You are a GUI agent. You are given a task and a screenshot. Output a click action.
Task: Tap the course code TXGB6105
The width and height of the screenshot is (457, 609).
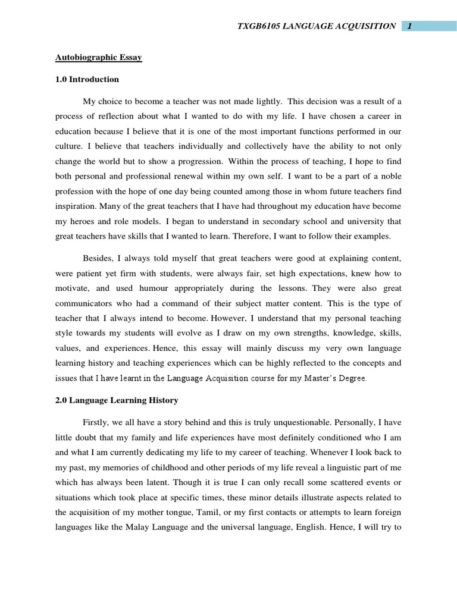pyautogui.click(x=261, y=26)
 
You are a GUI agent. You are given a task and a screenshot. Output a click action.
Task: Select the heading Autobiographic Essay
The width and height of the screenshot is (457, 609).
pyautogui.click(x=99, y=58)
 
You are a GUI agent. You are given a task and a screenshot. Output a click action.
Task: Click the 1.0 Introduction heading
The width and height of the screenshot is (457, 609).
pyautogui.click(x=87, y=79)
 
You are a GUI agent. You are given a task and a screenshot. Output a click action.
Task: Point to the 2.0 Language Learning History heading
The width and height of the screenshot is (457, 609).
pyautogui.click(x=117, y=400)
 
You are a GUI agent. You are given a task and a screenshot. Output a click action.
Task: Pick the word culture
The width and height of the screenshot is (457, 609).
pyautogui.click(x=70, y=146)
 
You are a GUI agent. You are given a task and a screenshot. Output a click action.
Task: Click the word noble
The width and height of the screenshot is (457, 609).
pyautogui.click(x=389, y=177)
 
